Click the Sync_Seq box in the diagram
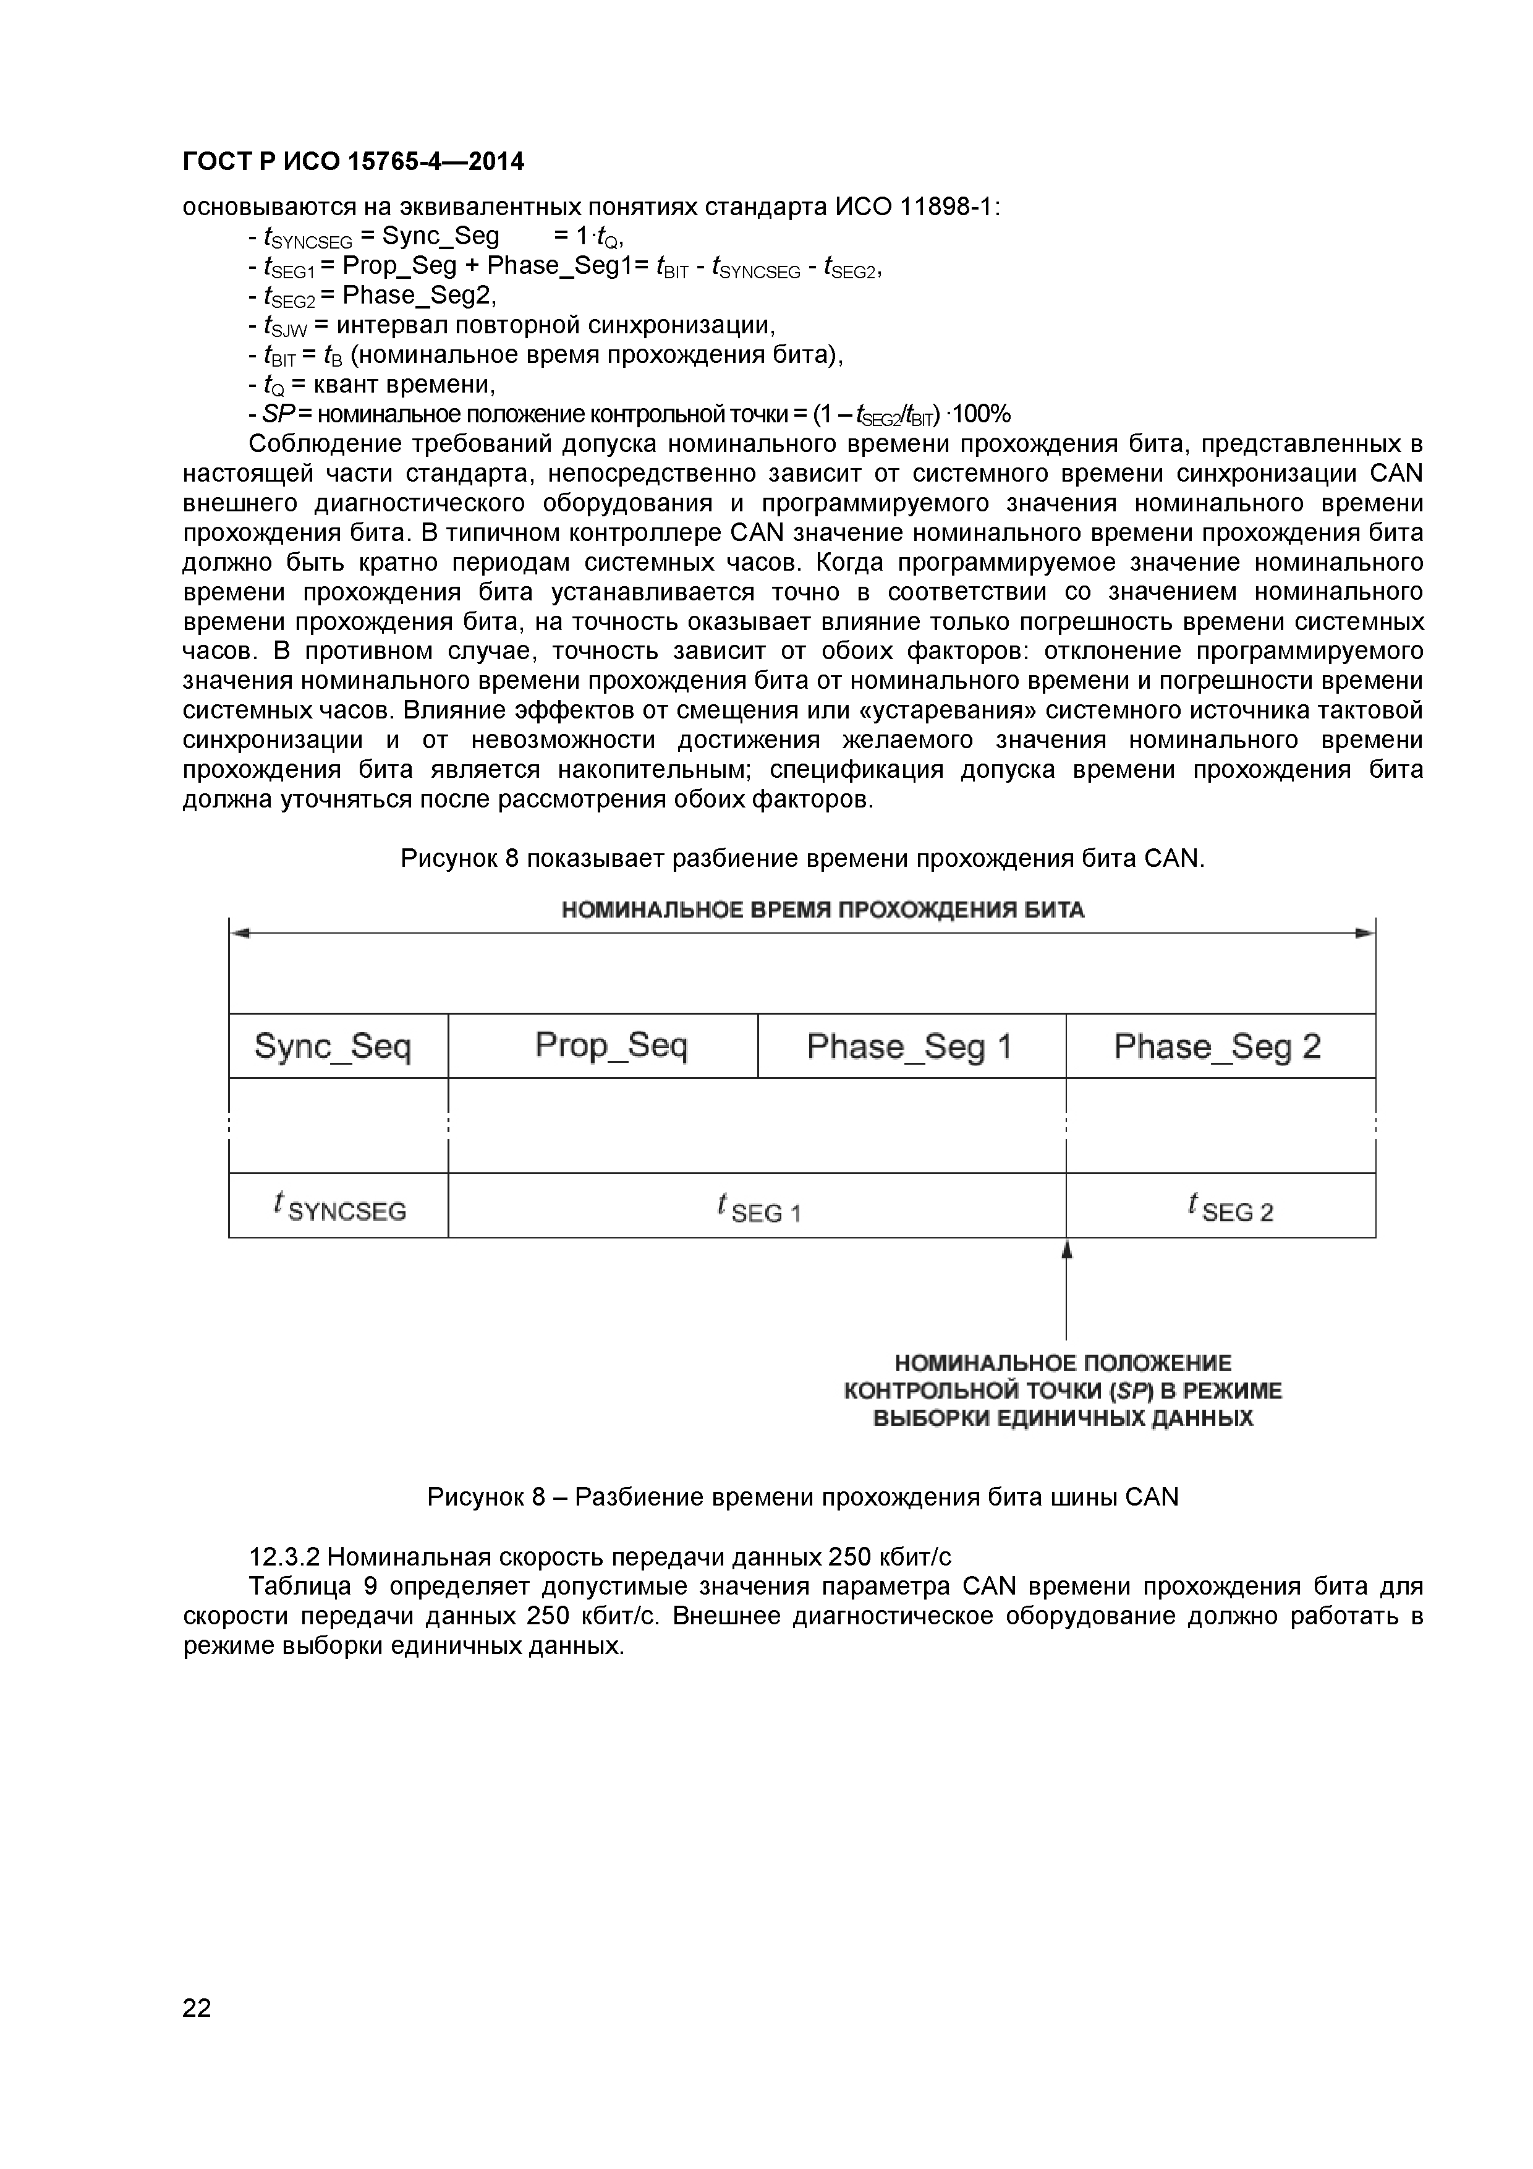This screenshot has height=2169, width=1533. tap(333, 1047)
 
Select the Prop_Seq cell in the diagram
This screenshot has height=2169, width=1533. tap(611, 1045)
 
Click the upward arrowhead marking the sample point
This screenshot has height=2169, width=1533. tap(1066, 1249)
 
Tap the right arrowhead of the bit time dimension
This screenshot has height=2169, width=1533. tap(1365, 934)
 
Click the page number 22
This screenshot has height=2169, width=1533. tap(197, 2034)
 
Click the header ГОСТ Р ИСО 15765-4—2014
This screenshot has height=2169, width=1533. tap(352, 163)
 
